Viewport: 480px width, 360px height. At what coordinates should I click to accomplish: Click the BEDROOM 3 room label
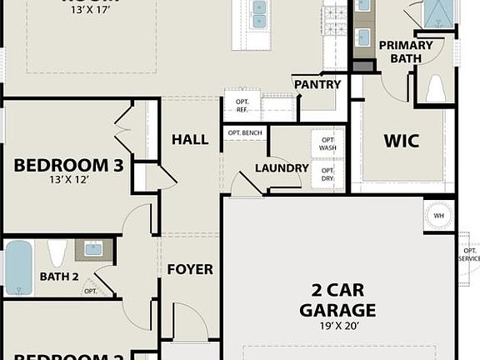tap(68, 165)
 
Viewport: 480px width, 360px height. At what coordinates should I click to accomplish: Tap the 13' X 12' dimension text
tap(68, 179)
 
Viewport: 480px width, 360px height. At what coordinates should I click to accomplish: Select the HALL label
tap(190, 139)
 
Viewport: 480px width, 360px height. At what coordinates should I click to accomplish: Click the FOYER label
tap(190, 269)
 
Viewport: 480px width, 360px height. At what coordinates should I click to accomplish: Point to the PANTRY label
tap(317, 84)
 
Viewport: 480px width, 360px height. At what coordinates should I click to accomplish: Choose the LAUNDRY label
tap(282, 167)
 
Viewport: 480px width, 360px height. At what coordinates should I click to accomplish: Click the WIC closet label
tap(401, 140)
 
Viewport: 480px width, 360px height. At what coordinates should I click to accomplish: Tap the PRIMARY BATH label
tap(406, 52)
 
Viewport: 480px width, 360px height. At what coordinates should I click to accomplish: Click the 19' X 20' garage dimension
tap(338, 326)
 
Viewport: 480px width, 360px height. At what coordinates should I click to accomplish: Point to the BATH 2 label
tap(58, 277)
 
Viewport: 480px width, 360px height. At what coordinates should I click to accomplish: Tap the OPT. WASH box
tap(327, 143)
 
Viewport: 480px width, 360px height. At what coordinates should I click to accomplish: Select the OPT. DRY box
tap(327, 174)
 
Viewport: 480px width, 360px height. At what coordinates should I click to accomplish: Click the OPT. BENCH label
tap(245, 133)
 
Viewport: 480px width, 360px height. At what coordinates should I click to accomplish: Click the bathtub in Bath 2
tap(18, 267)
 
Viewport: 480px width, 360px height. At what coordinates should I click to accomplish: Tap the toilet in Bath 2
tap(57, 252)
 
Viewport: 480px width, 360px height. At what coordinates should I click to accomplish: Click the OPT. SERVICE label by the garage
tap(468, 253)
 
